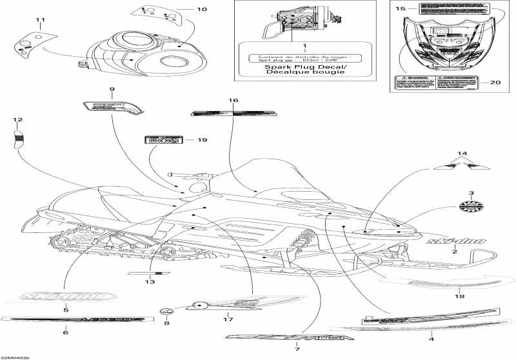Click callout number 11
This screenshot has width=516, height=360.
(x=41, y=21)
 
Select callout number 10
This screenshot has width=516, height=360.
(x=202, y=9)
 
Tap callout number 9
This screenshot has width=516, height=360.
(x=112, y=88)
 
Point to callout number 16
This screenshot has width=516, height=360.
(x=233, y=101)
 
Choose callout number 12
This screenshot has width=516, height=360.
(x=17, y=120)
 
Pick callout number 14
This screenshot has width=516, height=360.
(x=461, y=153)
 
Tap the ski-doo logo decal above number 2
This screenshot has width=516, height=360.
(x=455, y=241)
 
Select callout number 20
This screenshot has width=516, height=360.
(x=495, y=82)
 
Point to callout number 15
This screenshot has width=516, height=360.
(x=400, y=9)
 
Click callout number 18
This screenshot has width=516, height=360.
(x=458, y=297)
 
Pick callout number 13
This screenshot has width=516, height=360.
(x=150, y=281)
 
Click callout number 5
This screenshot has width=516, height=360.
(x=65, y=310)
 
